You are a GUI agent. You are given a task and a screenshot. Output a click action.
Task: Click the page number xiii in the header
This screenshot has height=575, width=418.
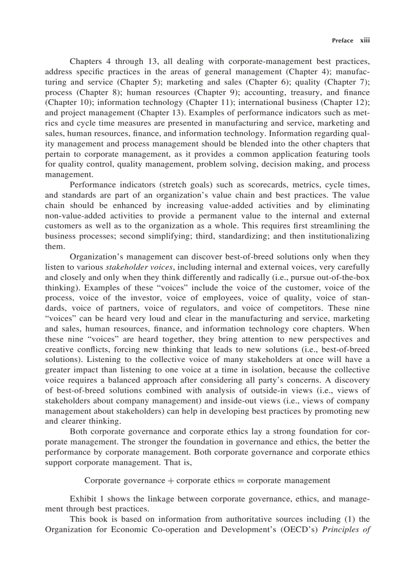pos(365,40)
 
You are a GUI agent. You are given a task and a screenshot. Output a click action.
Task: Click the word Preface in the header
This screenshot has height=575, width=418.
pos(342,40)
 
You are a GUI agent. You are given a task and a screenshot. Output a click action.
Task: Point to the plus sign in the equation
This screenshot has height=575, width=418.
pos(169,481)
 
